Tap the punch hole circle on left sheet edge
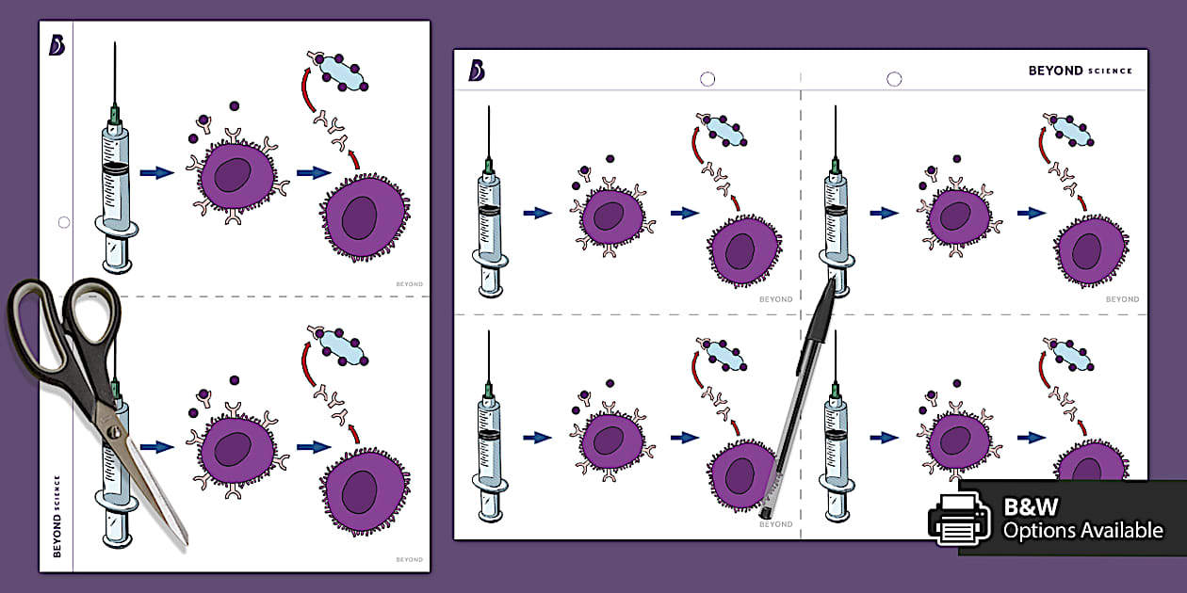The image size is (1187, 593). click(63, 223)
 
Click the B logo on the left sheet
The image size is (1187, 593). click(57, 45)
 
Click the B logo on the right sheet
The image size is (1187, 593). click(477, 70)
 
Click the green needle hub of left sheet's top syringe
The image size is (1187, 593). click(115, 116)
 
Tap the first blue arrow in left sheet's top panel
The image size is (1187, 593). click(156, 172)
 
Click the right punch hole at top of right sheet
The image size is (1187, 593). click(894, 79)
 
